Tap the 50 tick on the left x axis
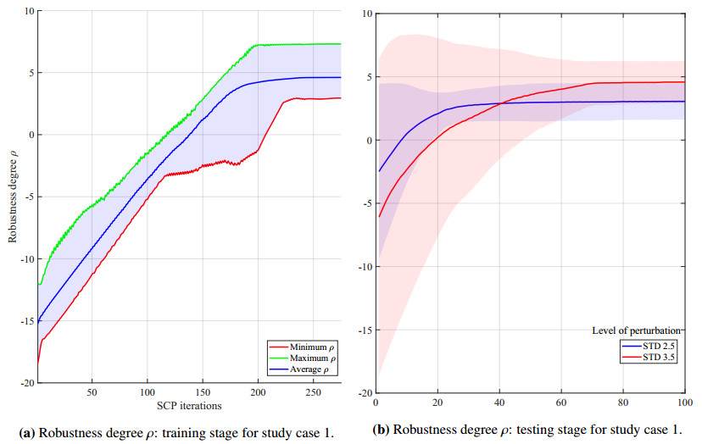92,393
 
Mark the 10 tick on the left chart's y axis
28,11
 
